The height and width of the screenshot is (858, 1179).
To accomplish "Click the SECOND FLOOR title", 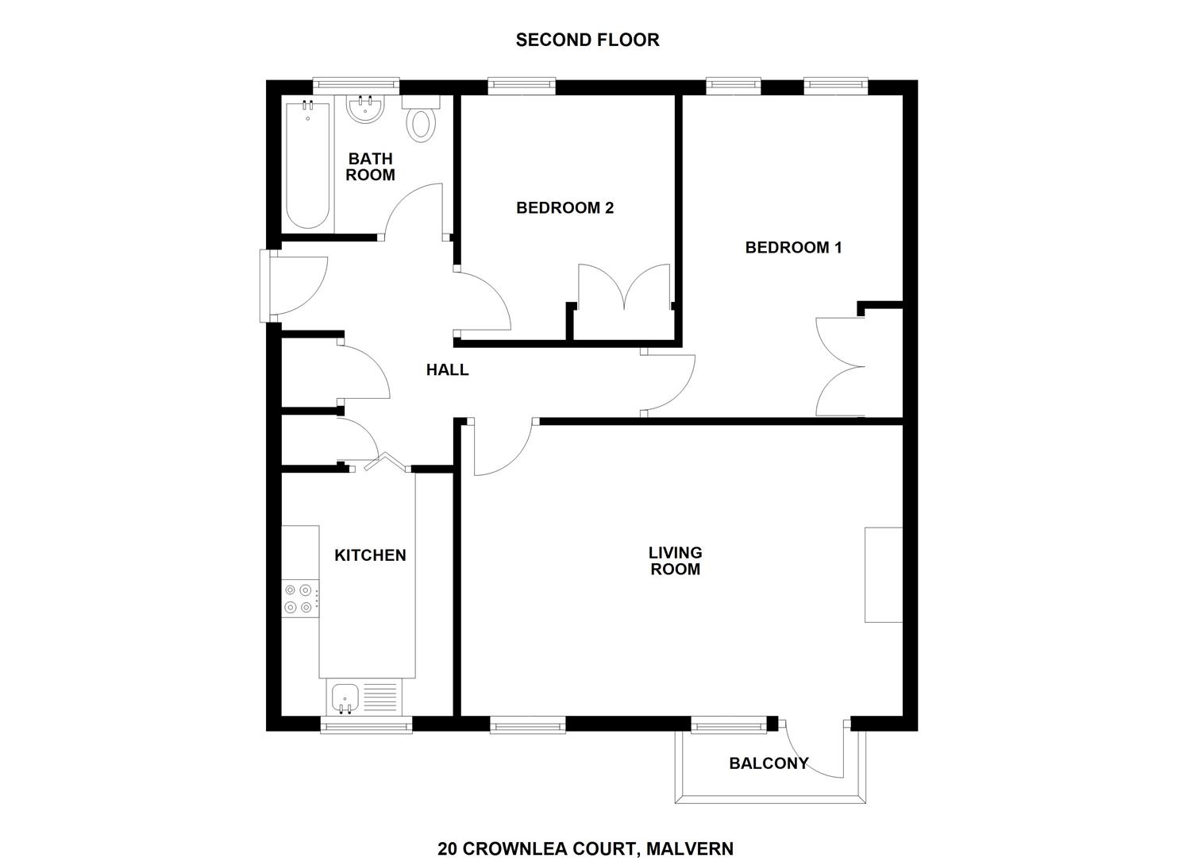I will click(x=587, y=40).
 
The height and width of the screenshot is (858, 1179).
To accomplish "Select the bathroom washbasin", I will click(x=365, y=110).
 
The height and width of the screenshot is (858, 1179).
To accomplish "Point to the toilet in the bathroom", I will click(x=421, y=121).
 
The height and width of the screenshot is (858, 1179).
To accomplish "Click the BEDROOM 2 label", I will click(x=564, y=208).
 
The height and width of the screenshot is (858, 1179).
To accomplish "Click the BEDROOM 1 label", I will click(x=792, y=248).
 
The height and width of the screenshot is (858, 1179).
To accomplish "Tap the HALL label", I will click(x=447, y=369).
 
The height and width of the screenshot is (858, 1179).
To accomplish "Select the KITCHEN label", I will click(x=370, y=555).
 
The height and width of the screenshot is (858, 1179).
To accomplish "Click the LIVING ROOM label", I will click(x=675, y=561).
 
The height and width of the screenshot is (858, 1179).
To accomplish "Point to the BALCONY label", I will click(x=768, y=763).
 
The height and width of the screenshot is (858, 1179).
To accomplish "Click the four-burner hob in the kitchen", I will click(x=301, y=599).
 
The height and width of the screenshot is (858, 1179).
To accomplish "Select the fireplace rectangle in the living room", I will click(x=883, y=574).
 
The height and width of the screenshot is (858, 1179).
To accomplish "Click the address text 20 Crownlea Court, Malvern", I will click(x=585, y=848).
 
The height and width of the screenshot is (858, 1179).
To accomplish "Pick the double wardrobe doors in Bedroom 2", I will click(x=626, y=288).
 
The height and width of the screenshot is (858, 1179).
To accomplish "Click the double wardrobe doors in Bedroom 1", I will click(x=840, y=366).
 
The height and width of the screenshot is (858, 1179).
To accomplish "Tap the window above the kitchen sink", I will click(x=366, y=725).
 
